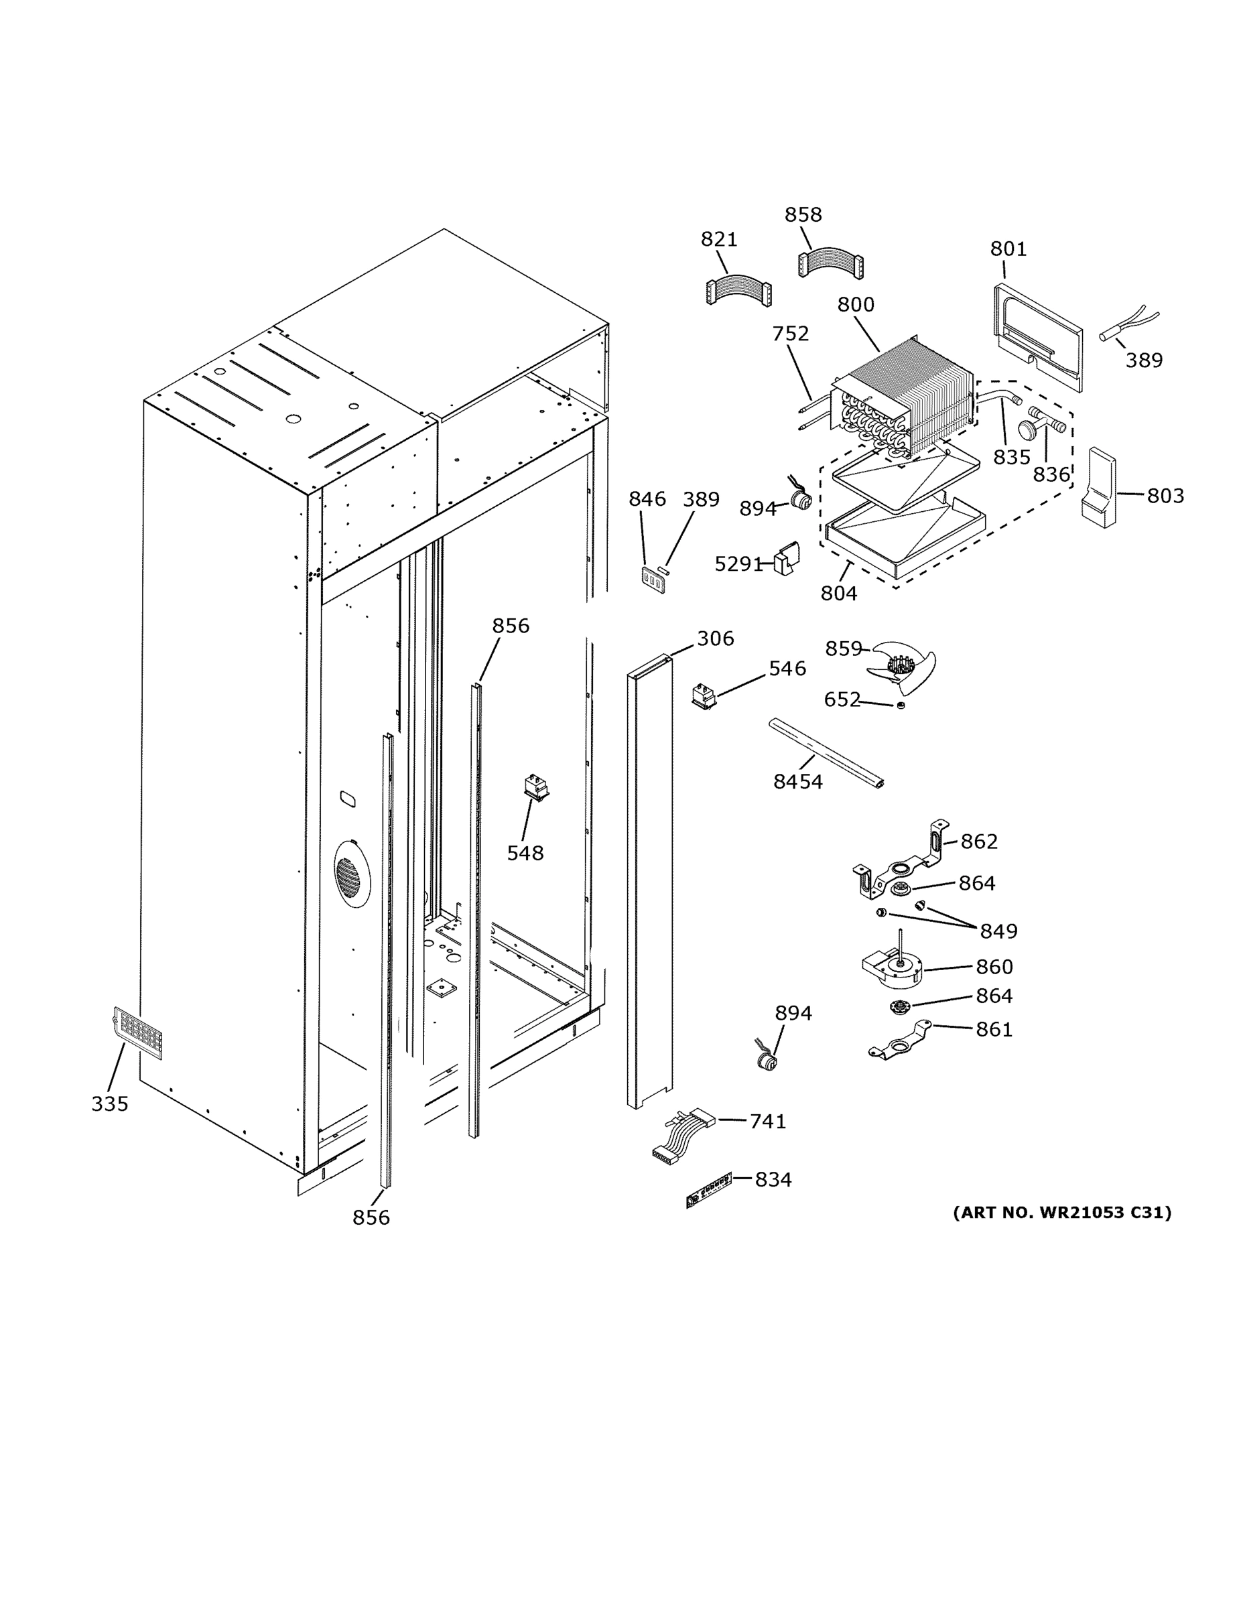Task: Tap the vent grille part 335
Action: click(x=138, y=1032)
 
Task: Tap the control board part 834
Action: click(x=708, y=1190)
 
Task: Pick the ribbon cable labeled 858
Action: click(x=830, y=263)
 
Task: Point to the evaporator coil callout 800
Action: click(x=856, y=305)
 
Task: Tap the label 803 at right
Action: click(x=1165, y=496)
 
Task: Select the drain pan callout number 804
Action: click(x=839, y=593)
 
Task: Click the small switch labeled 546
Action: click(x=704, y=695)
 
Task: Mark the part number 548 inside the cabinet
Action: click(x=525, y=854)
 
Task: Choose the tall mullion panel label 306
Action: click(x=715, y=639)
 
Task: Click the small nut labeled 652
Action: click(x=900, y=706)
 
